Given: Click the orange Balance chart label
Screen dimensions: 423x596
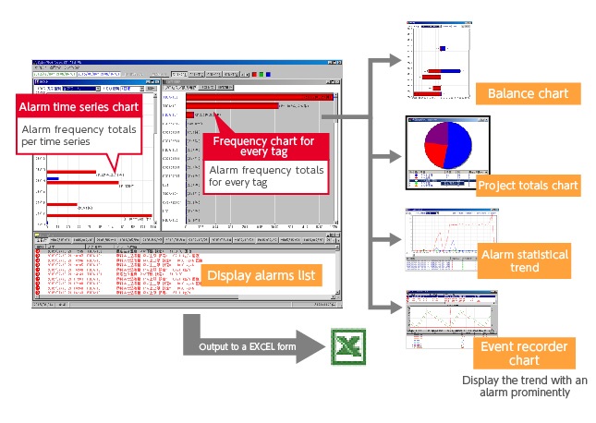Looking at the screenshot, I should point(528,93).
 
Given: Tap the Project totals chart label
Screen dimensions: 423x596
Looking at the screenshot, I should point(528,186).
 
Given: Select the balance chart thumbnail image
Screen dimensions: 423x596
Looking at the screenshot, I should point(440,60).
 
